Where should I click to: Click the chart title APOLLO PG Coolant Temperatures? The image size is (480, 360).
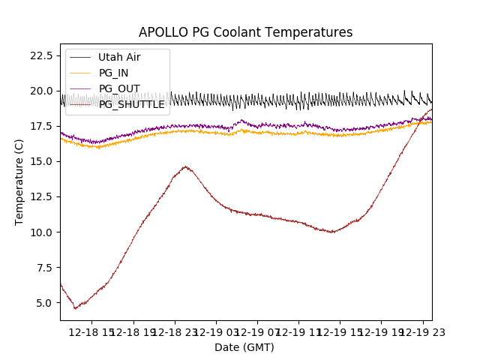point(245,32)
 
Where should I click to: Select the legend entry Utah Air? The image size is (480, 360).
point(118,58)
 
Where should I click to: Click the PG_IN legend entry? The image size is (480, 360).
point(114,73)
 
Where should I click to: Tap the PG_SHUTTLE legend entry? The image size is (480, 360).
point(131,104)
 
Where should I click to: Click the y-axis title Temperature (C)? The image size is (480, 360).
point(19,181)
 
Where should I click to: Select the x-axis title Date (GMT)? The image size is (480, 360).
point(244,347)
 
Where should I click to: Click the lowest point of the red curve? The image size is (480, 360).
point(75,308)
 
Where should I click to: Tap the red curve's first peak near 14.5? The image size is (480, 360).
point(185,166)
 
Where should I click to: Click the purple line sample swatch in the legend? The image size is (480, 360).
point(79,88)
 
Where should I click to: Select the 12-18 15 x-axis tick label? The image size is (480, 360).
point(94,332)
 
